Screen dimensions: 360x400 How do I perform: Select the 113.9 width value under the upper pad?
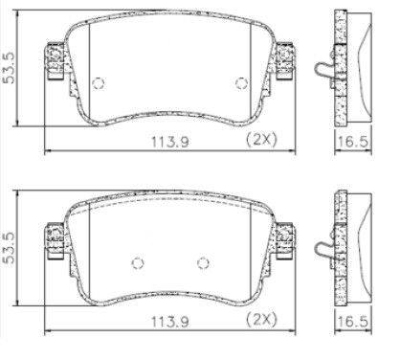click(x=171, y=141)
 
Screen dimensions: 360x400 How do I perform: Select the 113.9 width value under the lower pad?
click(x=171, y=317)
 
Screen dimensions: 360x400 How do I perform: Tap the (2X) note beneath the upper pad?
click(x=261, y=140)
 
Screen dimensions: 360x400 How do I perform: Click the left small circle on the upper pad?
click(x=97, y=83)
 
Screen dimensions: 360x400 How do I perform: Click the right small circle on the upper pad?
click(x=240, y=83)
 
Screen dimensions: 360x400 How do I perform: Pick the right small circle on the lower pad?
click(x=202, y=263)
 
